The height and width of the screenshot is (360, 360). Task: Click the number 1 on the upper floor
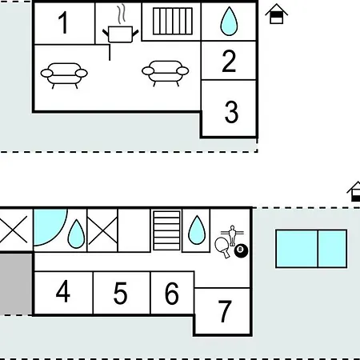(63, 23)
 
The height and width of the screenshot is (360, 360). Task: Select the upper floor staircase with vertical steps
(173, 22)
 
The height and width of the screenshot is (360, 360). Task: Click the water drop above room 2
(229, 22)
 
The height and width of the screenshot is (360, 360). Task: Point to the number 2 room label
(229, 61)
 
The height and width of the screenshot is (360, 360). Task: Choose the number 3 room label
(231, 112)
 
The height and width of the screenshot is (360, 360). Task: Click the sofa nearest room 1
(64, 75)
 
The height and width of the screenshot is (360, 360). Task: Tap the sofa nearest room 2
(166, 74)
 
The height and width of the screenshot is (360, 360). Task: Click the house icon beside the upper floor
(277, 14)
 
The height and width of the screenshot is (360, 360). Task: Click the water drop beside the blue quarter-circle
(76, 234)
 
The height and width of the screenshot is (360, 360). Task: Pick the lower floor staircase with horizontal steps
(166, 230)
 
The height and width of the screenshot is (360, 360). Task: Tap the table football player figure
(232, 235)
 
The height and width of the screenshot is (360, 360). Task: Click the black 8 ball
(241, 250)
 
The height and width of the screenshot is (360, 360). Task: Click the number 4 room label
(63, 291)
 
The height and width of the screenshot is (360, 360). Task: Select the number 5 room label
(120, 293)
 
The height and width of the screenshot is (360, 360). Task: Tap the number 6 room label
(171, 293)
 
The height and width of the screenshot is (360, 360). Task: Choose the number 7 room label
(225, 311)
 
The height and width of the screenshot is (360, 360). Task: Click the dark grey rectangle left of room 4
(16, 284)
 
